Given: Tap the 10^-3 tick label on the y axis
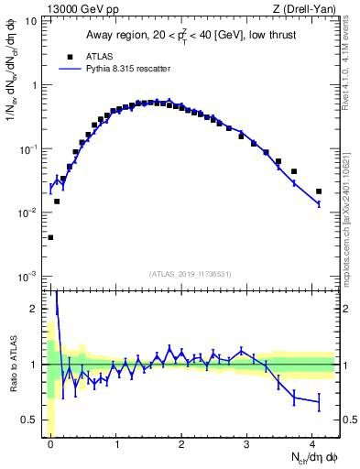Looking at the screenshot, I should pos(30,276).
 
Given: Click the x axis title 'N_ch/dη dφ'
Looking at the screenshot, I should pos(311,458).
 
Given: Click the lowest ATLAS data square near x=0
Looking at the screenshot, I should pos(50,237).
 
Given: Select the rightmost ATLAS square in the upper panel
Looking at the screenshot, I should pos(319,191).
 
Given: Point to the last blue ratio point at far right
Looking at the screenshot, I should pos(319,402).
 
